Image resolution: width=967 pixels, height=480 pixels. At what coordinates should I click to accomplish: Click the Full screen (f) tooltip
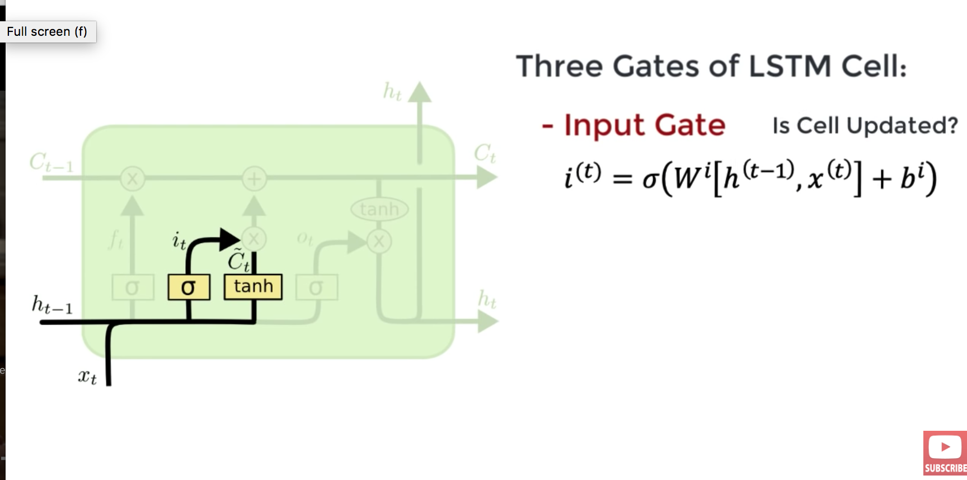click(x=48, y=32)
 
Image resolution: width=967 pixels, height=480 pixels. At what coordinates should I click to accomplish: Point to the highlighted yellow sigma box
click(x=189, y=287)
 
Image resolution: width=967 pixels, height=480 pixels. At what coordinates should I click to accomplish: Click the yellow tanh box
click(x=253, y=287)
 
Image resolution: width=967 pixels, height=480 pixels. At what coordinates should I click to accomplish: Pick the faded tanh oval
click(x=379, y=209)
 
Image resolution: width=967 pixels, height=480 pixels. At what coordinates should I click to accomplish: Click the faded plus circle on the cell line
click(x=254, y=179)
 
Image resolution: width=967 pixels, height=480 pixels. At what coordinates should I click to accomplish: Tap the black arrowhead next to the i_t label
click(x=229, y=239)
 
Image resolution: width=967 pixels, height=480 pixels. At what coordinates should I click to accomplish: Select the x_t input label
click(x=87, y=377)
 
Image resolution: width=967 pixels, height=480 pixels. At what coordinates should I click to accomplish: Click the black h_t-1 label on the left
click(x=52, y=305)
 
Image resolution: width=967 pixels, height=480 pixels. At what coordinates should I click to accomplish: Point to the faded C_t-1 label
click(x=51, y=163)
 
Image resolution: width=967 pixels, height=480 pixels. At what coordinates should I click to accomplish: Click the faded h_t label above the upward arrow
click(x=392, y=91)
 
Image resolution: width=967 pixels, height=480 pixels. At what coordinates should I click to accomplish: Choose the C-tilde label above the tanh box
click(x=238, y=261)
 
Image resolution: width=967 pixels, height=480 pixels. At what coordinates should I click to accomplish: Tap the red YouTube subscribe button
click(x=945, y=453)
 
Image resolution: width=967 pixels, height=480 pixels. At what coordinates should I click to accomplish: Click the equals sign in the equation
click(x=622, y=179)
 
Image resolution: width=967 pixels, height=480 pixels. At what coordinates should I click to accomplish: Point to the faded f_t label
click(x=116, y=240)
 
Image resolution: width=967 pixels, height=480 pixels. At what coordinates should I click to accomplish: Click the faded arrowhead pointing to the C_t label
click(x=486, y=178)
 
